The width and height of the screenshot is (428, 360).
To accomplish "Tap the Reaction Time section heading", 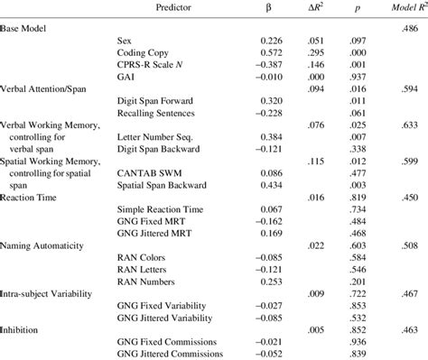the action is pos(32,220).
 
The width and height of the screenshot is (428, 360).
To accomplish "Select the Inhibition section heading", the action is pos(23,329).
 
